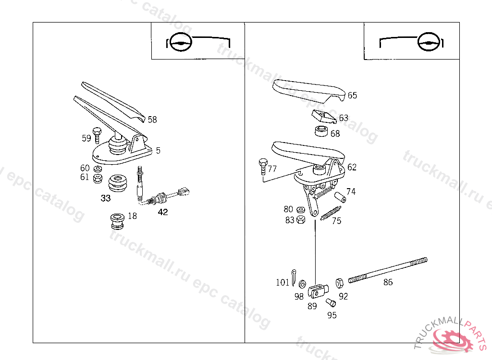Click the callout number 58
pyautogui.click(x=152, y=120)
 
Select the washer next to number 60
pyautogui.click(x=98, y=169)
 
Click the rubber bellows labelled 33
pyautogui.click(x=118, y=183)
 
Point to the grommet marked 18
pyautogui.click(x=117, y=221)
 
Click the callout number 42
pyautogui.click(x=163, y=212)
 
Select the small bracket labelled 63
pyautogui.click(x=323, y=116)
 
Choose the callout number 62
pyautogui.click(x=352, y=167)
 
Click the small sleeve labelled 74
pyautogui.click(x=341, y=197)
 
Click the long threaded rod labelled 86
pyautogui.click(x=387, y=271)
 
